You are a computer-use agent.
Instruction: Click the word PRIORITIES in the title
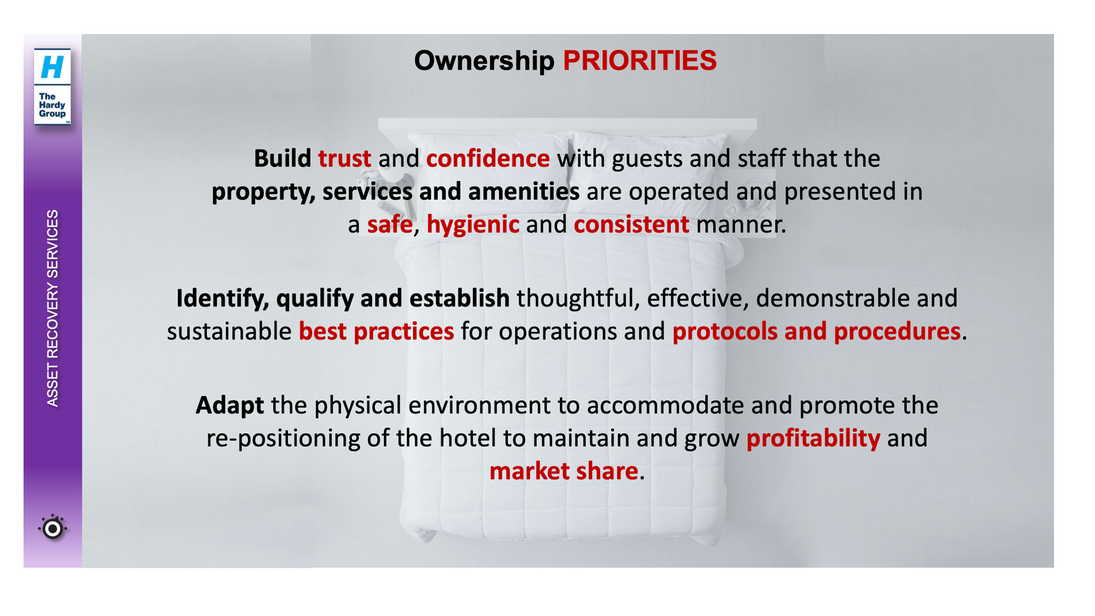[x=639, y=60]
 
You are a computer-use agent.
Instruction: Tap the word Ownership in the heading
[x=484, y=61]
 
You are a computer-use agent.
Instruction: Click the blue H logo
[x=52, y=67]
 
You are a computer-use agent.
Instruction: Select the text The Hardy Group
[x=52, y=105]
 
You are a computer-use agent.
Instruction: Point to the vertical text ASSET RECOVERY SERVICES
[x=52, y=308]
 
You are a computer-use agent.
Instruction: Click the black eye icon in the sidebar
[x=53, y=528]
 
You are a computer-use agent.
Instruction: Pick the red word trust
[x=344, y=158]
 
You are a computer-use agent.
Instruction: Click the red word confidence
[x=488, y=158]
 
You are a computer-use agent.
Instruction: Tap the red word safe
[x=390, y=224]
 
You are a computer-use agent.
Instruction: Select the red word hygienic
[x=473, y=225]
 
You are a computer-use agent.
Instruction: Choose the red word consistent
[x=631, y=224]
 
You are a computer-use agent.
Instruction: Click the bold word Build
[x=282, y=158]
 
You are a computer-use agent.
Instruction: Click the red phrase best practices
[x=376, y=331]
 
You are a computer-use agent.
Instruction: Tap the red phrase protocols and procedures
[x=817, y=331]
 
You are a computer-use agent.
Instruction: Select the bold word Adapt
[x=230, y=406]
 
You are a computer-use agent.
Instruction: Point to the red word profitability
[x=813, y=438]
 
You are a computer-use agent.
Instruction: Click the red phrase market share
[x=564, y=471]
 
